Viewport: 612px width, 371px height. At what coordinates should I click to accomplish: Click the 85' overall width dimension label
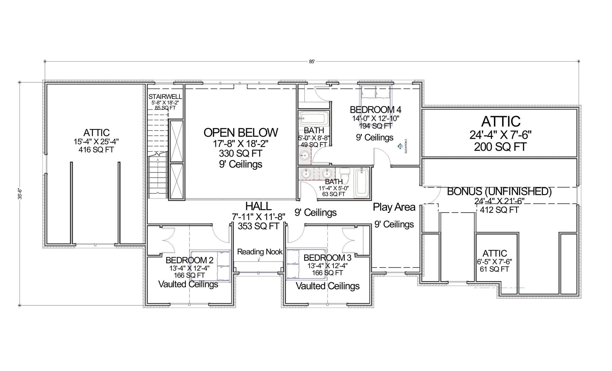click(x=312, y=62)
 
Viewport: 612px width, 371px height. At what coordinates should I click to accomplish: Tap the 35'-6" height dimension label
click(x=20, y=194)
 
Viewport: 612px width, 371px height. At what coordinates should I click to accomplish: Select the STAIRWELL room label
click(x=165, y=97)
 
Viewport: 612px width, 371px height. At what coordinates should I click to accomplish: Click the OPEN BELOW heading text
click(x=241, y=133)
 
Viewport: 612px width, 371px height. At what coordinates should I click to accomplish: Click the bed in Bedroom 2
click(x=210, y=265)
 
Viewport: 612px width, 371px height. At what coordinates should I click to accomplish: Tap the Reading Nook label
click(x=260, y=252)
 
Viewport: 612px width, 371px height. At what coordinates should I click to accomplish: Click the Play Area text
click(x=394, y=207)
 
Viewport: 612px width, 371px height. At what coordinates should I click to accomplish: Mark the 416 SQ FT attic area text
click(x=96, y=150)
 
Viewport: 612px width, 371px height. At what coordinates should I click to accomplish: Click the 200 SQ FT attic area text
click(x=500, y=147)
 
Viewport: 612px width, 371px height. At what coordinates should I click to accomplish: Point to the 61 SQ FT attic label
click(x=494, y=269)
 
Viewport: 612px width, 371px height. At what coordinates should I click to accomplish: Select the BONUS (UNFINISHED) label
click(x=499, y=191)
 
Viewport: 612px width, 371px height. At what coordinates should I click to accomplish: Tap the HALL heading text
click(x=258, y=206)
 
